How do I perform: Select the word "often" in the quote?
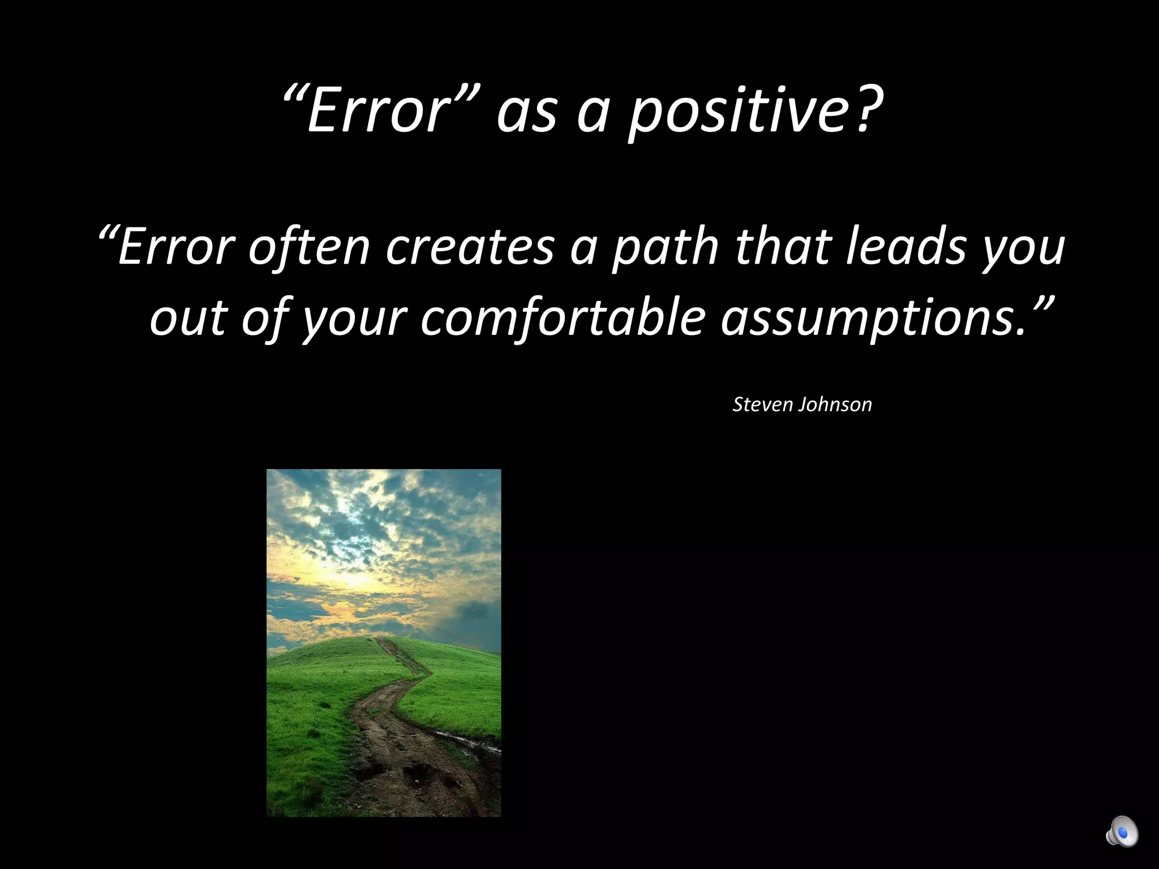(x=309, y=247)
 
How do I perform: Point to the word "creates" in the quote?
(x=470, y=247)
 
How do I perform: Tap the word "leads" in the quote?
(x=905, y=247)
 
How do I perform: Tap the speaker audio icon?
(x=1121, y=832)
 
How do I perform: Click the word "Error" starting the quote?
(x=175, y=247)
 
